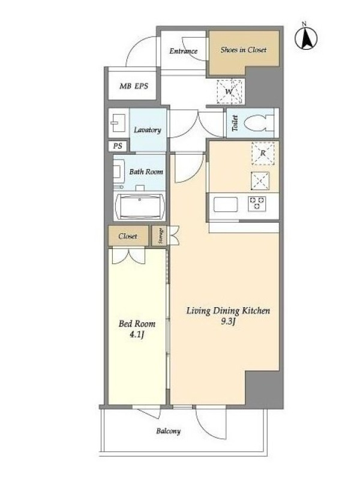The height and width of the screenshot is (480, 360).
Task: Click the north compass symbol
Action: pyautogui.click(x=306, y=37)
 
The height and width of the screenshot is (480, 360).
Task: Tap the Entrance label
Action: pyautogui.click(x=184, y=51)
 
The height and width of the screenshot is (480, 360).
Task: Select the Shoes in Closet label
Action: pyautogui.click(x=244, y=50)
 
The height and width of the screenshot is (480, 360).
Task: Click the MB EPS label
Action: pyautogui.click(x=134, y=86)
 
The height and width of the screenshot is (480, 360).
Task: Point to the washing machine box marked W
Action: pyautogui.click(x=230, y=91)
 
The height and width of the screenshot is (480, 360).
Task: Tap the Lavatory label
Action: pyautogui.click(x=148, y=130)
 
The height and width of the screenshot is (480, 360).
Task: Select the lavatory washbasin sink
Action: pyautogui.click(x=118, y=123)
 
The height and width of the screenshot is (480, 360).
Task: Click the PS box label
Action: pyautogui.click(x=118, y=146)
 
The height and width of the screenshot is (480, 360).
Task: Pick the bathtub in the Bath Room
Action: pyautogui.click(x=140, y=206)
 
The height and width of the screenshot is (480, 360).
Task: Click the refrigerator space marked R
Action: pyautogui.click(x=263, y=154)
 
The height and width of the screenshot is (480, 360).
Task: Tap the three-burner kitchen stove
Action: pyautogui.click(x=257, y=203)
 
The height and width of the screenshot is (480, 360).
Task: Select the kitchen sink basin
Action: pyautogui.click(x=226, y=205)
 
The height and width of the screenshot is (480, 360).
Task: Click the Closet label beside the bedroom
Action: pyautogui.click(x=128, y=236)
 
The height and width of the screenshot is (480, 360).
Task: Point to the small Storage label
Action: pyautogui.click(x=160, y=236)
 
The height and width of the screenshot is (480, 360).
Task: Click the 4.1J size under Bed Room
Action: pyautogui.click(x=137, y=334)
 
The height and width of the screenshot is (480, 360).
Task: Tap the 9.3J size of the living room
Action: pyautogui.click(x=228, y=322)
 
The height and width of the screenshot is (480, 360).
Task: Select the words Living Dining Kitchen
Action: pyautogui.click(x=229, y=311)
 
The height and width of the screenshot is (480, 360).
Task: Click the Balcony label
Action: pyautogui.click(x=169, y=431)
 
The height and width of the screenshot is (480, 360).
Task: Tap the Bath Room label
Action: pyautogui.click(x=146, y=172)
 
